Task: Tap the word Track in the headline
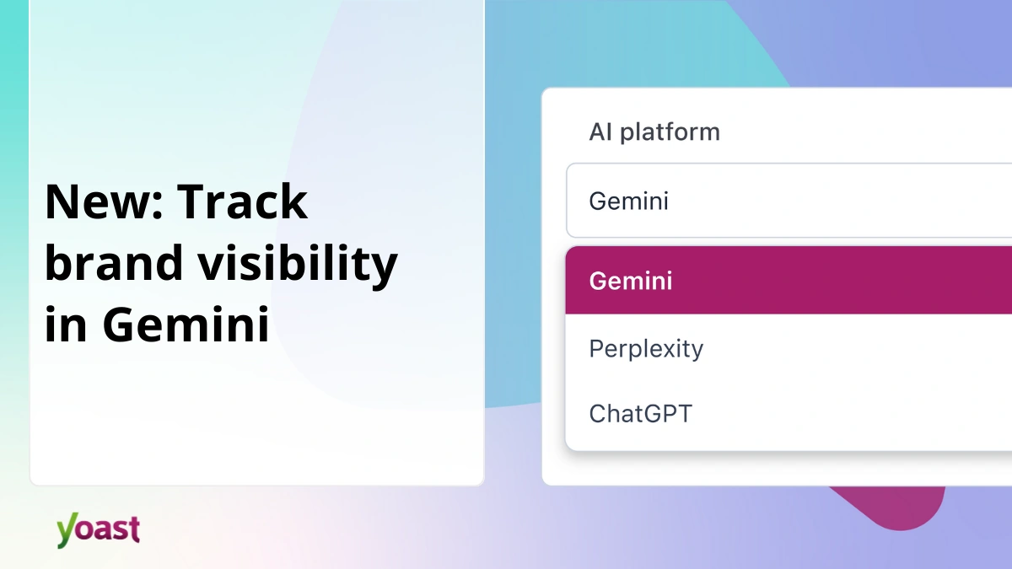(244, 201)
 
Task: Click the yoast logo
(98, 529)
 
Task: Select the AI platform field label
(654, 132)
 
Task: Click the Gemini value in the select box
(628, 201)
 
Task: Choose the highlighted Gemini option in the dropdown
(631, 281)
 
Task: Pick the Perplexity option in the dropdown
(646, 349)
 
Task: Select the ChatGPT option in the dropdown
(640, 414)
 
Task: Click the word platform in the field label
(670, 132)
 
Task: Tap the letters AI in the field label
(600, 132)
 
